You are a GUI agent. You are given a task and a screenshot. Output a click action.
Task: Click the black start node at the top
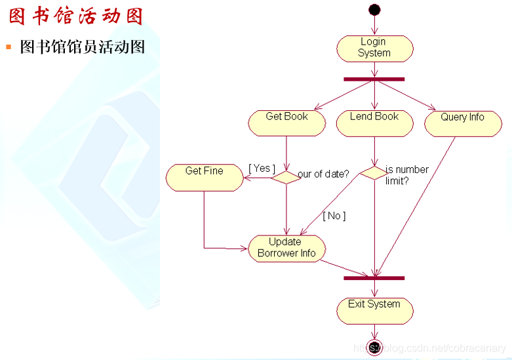click(x=374, y=9)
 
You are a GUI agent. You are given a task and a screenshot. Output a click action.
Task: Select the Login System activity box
click(x=374, y=48)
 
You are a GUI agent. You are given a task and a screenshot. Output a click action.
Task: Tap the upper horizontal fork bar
click(x=374, y=79)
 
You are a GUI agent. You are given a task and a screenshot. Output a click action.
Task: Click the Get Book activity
click(x=286, y=123)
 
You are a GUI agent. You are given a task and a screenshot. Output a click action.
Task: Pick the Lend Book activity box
click(x=374, y=123)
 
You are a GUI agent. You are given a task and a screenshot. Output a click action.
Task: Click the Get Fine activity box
click(x=204, y=177)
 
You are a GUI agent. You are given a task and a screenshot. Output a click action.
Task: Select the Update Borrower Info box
click(x=286, y=248)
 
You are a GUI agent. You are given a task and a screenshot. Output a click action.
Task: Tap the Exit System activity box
click(x=374, y=310)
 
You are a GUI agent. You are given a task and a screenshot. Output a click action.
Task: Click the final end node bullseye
click(x=374, y=348)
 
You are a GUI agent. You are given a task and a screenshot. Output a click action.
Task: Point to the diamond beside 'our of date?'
click(x=286, y=176)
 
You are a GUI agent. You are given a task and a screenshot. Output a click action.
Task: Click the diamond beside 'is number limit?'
click(x=374, y=173)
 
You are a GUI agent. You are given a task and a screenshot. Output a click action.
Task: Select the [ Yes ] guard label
click(x=262, y=169)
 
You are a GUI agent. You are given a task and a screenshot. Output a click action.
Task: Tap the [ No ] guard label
click(x=334, y=215)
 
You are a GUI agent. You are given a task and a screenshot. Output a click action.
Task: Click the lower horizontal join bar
click(x=374, y=278)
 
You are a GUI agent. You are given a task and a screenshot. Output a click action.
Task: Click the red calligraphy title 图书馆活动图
click(x=76, y=16)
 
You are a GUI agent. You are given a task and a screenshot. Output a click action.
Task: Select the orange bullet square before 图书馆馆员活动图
click(x=9, y=47)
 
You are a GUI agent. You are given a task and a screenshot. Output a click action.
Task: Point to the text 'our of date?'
click(x=323, y=174)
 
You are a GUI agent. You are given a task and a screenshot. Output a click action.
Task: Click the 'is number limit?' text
click(x=406, y=175)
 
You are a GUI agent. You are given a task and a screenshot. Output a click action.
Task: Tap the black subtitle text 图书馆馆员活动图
click(x=83, y=47)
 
